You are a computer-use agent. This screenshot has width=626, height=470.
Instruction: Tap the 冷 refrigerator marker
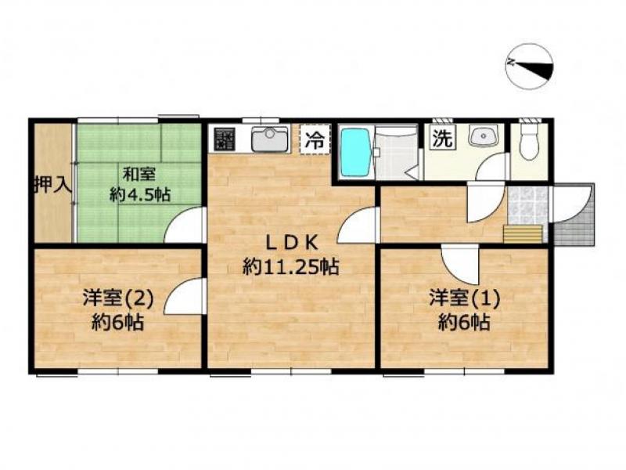[315, 139]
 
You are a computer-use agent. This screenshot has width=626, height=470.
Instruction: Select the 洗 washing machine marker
[442, 138]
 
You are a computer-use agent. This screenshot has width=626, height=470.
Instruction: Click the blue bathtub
[355, 152]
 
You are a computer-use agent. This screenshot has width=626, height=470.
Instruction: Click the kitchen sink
[270, 139]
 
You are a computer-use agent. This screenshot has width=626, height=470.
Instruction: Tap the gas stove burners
[223, 139]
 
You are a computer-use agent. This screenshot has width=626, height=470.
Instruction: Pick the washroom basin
[483, 135]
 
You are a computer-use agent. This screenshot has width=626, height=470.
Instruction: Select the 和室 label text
[139, 175]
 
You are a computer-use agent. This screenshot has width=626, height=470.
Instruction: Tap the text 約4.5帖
[141, 194]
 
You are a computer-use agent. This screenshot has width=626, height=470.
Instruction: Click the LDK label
[292, 243]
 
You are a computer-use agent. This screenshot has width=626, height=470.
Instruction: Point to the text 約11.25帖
[291, 266]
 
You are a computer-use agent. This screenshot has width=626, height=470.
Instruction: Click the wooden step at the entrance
[523, 233]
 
